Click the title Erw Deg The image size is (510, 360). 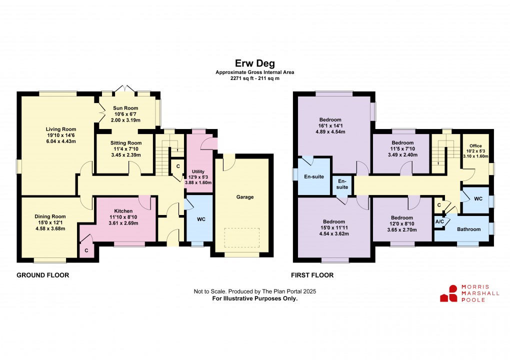pos(254,63)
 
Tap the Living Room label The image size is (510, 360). pos(61,129)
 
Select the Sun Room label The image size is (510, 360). pos(125,108)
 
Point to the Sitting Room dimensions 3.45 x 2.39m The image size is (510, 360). pos(126,155)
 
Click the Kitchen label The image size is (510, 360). pos(123,211)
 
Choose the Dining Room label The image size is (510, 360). pos(50,216)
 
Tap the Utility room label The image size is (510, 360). pos(198,171)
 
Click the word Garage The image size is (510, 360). pos(245,197)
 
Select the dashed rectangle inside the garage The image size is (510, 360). pos(241,237)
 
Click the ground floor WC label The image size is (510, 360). pos(201,219)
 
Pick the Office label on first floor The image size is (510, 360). pos(475,146)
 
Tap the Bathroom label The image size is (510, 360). pos(468,229)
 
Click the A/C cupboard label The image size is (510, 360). pos(439,222)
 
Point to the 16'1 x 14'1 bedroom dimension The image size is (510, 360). pos(330,126)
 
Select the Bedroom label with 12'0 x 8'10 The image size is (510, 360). pos(402,218)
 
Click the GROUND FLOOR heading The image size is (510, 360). pos(43,275)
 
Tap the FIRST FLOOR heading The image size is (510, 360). pos(312,275)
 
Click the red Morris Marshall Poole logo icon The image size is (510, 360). pos(449,293)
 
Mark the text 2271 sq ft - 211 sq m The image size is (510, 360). pos(254,78)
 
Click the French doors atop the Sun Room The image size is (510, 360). pos(125,89)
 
